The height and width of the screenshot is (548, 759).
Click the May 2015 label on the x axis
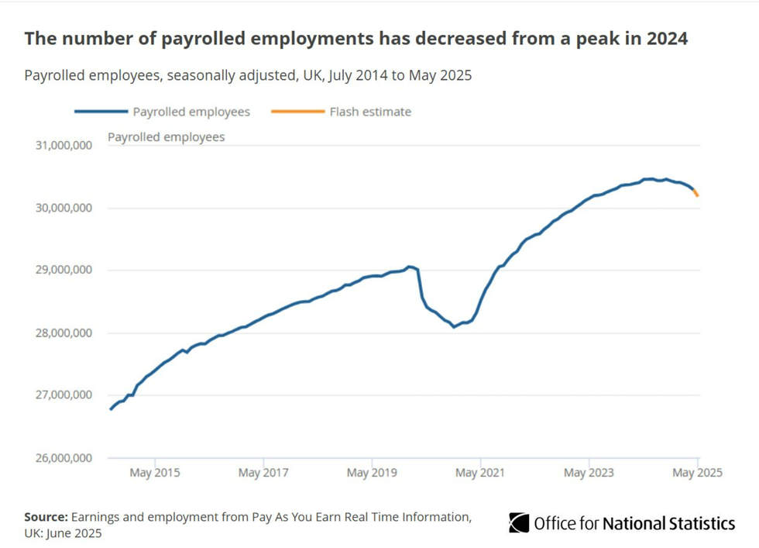[155, 473]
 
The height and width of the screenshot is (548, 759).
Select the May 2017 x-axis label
[263, 473]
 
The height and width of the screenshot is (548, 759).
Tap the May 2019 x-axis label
[372, 473]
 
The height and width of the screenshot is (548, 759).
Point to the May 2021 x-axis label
[480, 473]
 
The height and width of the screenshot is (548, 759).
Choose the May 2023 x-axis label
[589, 473]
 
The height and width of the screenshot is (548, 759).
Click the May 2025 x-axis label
[696, 473]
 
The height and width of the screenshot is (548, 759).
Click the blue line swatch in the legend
[100, 112]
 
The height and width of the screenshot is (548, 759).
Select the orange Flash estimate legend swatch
[297, 112]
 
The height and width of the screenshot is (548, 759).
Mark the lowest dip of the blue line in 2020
[455, 326]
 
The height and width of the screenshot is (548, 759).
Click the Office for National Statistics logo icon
[518, 523]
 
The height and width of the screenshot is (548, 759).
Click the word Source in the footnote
[46, 517]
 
